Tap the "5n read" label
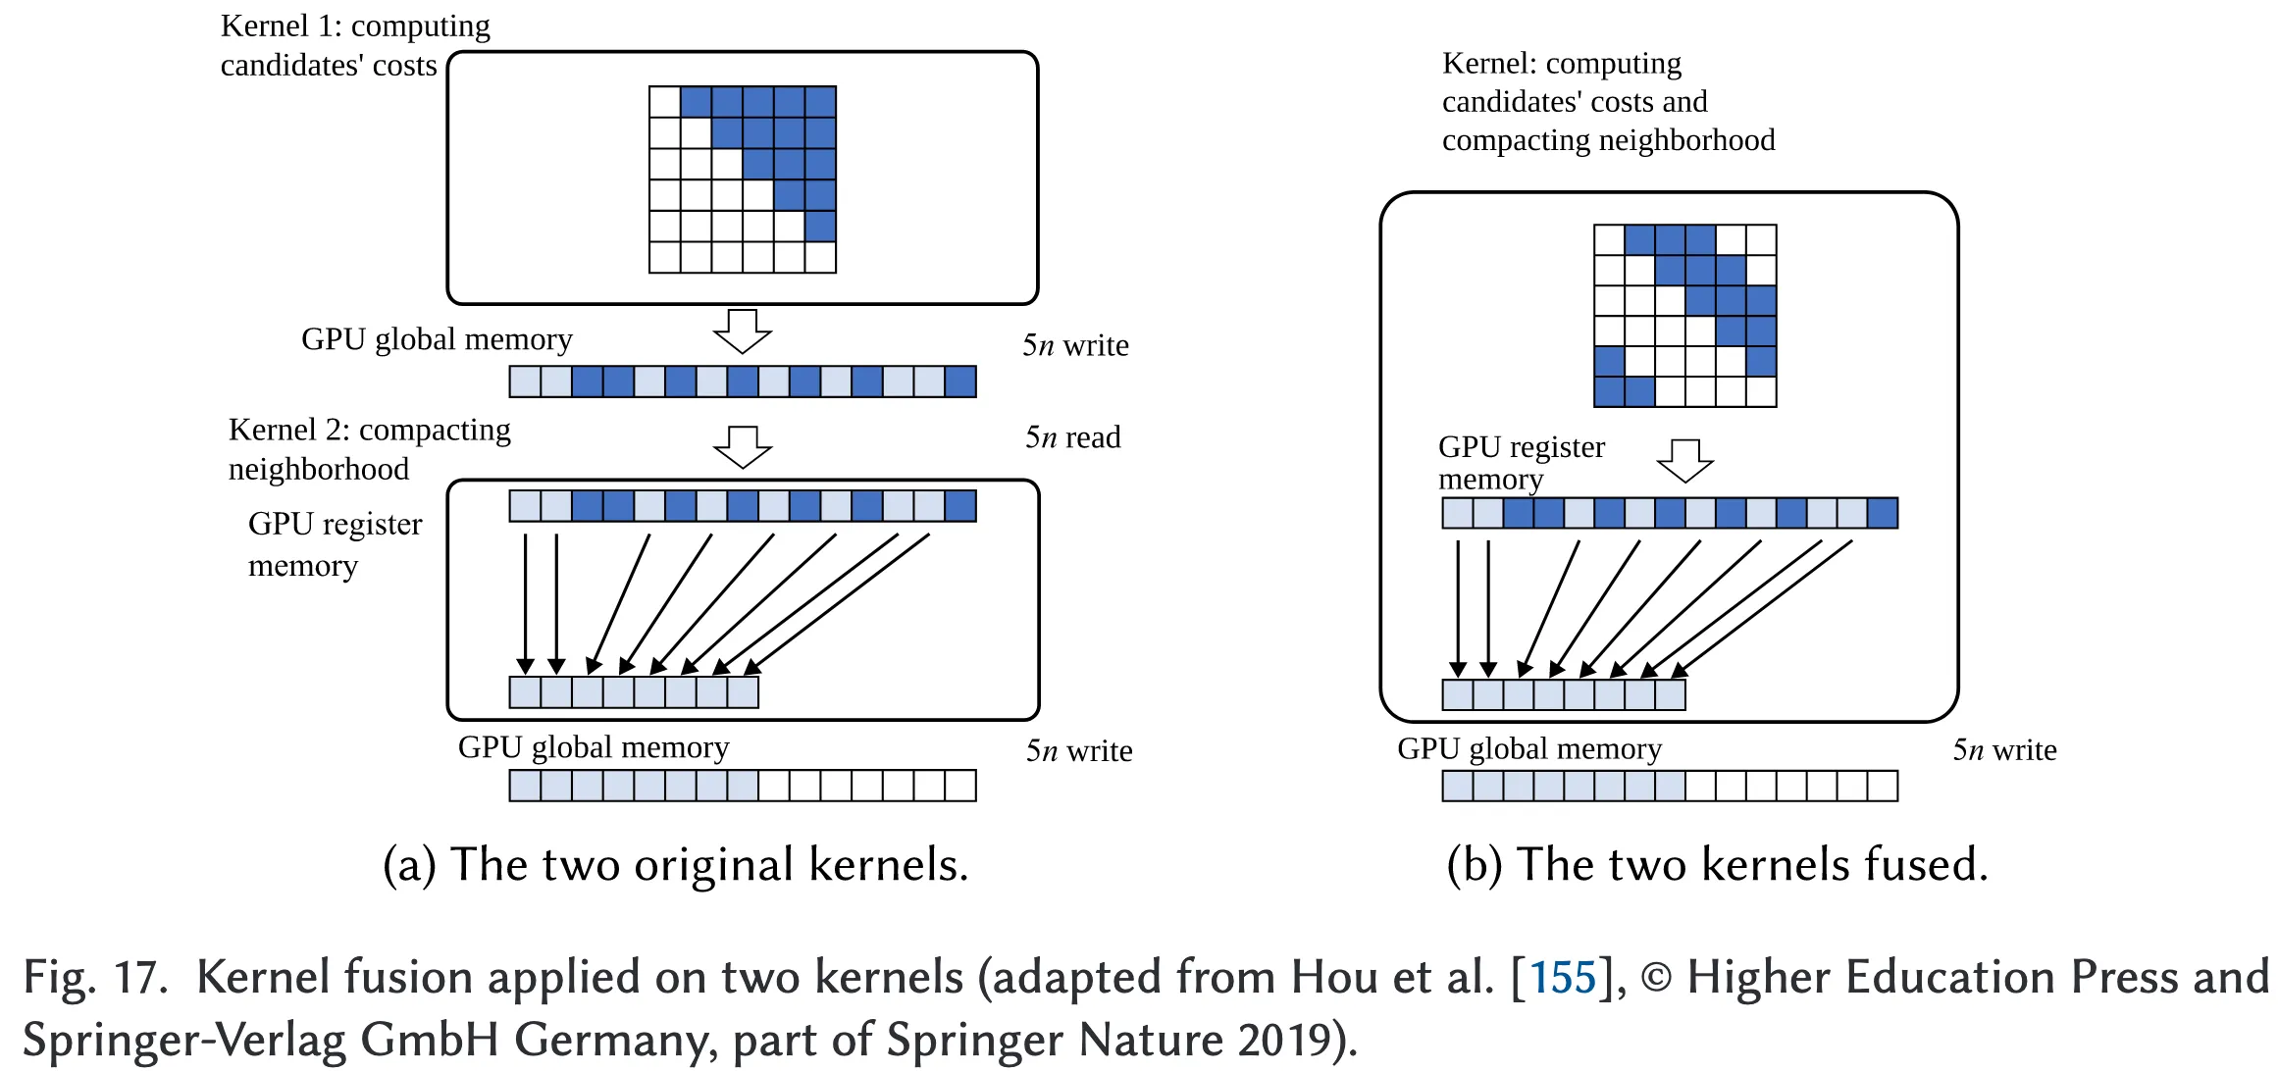pos(1072,437)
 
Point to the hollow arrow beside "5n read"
pos(743,447)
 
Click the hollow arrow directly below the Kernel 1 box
pos(743,331)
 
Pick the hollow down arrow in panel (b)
pos(1684,460)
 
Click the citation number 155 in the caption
pos(1563,978)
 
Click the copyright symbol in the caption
pos(1656,978)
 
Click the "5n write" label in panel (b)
pos(2004,750)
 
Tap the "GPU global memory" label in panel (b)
pos(1529,749)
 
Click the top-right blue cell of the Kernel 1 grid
pos(820,102)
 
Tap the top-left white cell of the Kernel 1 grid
pos(665,102)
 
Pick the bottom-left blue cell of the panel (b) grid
pos(1609,391)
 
